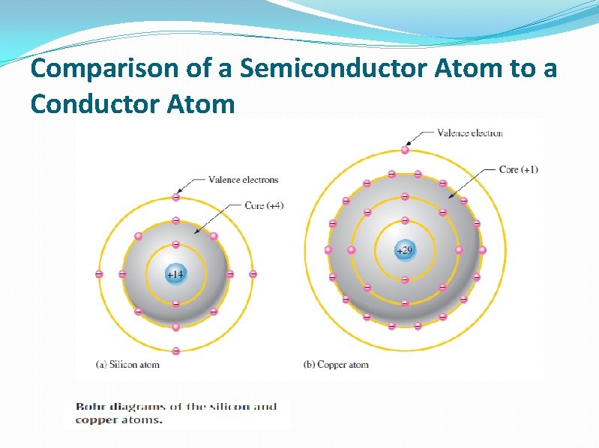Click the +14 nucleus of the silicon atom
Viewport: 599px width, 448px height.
click(175, 274)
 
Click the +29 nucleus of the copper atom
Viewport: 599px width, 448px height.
click(404, 249)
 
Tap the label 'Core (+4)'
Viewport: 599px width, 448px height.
click(264, 205)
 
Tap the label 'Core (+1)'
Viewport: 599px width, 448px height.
click(518, 169)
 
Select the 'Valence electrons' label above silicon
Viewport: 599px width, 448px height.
click(243, 180)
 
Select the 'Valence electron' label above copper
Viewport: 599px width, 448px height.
click(470, 133)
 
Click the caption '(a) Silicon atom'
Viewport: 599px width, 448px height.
click(128, 365)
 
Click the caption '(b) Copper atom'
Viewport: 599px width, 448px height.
click(336, 365)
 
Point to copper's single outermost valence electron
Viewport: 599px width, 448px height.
click(405, 150)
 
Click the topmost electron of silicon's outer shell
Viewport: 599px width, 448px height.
click(175, 198)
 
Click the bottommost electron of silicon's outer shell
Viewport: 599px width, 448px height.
click(175, 351)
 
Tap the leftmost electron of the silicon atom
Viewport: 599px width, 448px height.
click(99, 274)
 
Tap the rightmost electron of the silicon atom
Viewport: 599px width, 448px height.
click(253, 274)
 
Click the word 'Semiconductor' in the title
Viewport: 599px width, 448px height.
click(290, 69)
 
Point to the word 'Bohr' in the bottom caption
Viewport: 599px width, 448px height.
click(89, 407)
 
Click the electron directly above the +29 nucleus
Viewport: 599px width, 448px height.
click(404, 220)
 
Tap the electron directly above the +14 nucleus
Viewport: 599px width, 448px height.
click(175, 244)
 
